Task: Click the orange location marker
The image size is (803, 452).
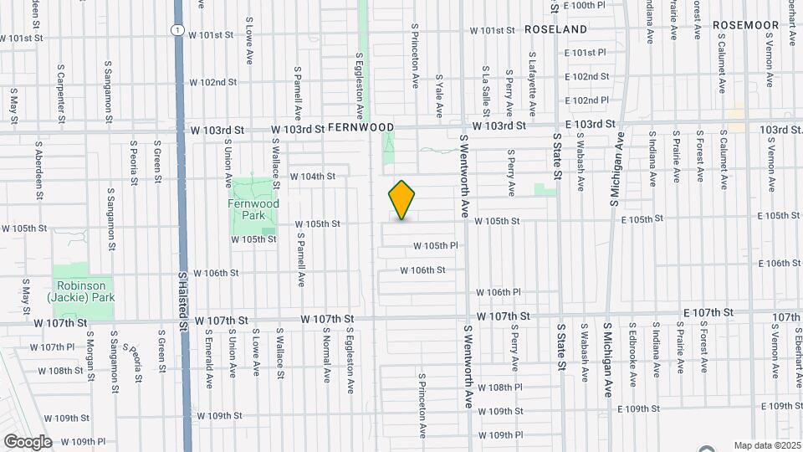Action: (x=401, y=200)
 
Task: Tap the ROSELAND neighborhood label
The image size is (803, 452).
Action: (x=556, y=28)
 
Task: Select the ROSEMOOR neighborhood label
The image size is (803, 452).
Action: (x=746, y=26)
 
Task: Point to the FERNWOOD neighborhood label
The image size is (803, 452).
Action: (x=361, y=127)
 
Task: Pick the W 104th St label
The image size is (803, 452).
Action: (x=313, y=177)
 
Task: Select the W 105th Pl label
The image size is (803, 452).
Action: (x=436, y=246)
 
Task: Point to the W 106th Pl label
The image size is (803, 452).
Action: (x=499, y=292)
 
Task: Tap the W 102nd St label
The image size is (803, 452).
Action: (x=213, y=83)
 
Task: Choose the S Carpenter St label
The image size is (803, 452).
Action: (x=60, y=92)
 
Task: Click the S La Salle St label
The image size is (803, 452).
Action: (x=485, y=93)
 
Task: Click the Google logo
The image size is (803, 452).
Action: (x=28, y=441)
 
